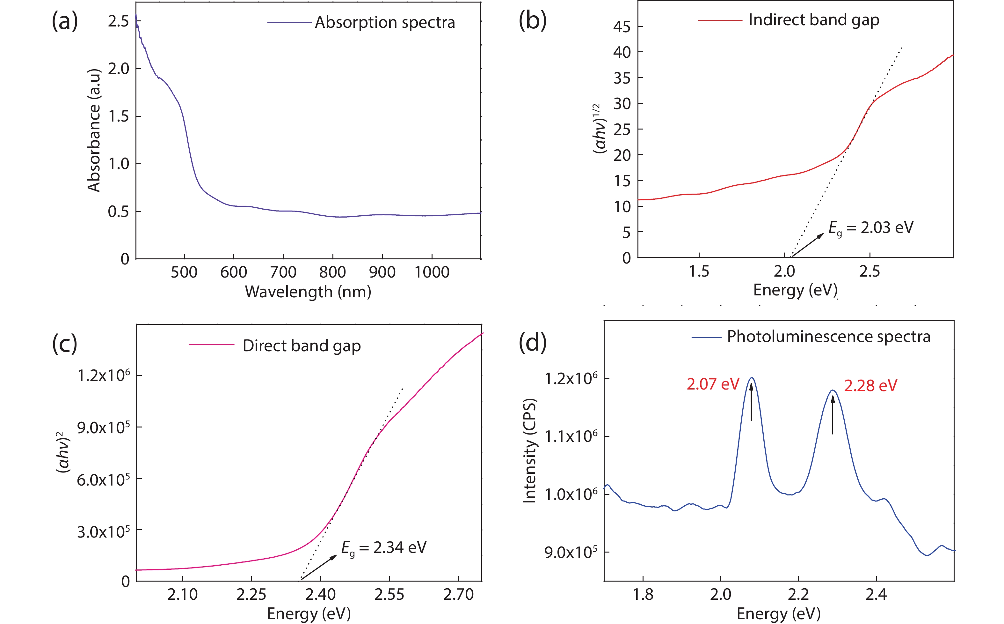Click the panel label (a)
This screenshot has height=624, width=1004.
[65, 21]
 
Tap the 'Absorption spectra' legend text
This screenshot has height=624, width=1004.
[385, 22]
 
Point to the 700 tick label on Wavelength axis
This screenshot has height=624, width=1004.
[283, 272]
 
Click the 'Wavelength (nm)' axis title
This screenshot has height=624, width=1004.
[308, 292]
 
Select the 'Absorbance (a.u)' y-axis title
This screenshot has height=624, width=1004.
[94, 130]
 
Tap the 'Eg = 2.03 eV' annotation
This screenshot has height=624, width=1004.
[871, 228]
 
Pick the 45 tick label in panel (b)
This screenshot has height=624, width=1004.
[622, 27]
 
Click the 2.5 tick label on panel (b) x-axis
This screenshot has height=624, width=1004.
[869, 271]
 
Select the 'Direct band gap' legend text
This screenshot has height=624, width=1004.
[302, 346]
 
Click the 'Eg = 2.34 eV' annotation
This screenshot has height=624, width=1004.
[383, 548]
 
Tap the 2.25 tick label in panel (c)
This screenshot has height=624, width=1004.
[251, 595]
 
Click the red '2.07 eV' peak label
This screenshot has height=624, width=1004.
[713, 384]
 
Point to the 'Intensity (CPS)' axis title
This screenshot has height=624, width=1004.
[530, 451]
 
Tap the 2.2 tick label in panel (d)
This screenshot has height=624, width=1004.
[798, 595]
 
